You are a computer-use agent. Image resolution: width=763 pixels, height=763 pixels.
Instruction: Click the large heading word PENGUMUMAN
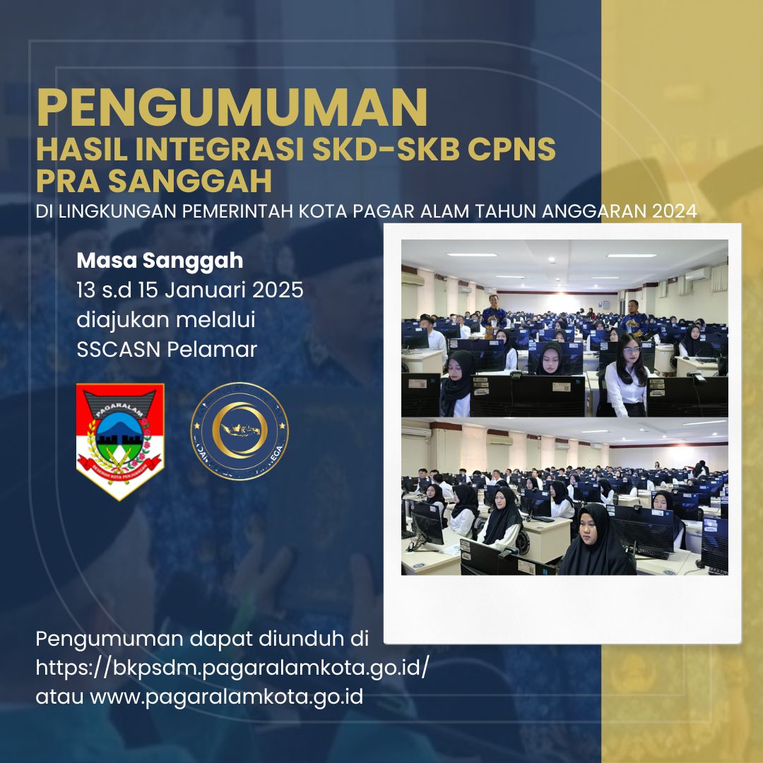232,107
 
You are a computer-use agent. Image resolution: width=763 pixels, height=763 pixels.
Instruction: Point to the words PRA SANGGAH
154,182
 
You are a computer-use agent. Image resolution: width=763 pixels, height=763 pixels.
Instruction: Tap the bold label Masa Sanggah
160,261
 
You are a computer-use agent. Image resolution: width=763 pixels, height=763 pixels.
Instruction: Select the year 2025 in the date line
276,290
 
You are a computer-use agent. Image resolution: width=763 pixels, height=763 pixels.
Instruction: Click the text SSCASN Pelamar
167,349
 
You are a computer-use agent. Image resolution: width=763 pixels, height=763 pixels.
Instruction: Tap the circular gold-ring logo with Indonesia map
239,431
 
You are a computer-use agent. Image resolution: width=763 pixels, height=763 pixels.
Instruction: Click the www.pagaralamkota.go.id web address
226,697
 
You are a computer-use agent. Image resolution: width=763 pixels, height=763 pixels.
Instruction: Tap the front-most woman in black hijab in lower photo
596,540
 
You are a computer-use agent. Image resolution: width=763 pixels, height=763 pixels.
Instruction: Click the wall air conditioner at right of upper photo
695,273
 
